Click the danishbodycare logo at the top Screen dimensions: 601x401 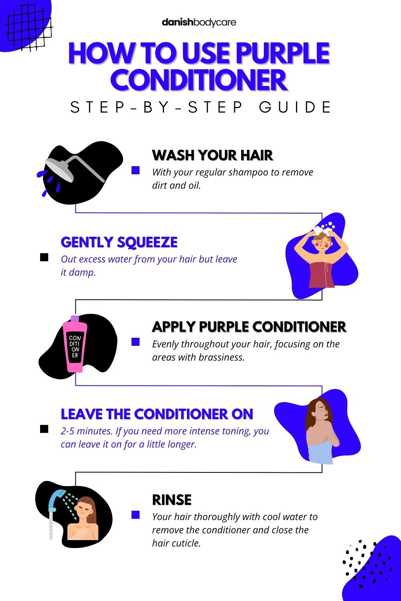coord(199,22)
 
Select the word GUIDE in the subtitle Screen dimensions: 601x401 coord(296,107)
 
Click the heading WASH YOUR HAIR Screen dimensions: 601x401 coord(213,155)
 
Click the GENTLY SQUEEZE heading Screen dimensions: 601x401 coord(119,242)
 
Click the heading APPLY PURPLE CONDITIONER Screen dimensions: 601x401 coord(249,327)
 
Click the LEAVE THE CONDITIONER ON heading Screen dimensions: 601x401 coord(157,414)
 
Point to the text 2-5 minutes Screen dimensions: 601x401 coord(86,432)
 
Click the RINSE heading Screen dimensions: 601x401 coord(172,500)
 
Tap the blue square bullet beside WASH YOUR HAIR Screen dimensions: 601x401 coord(136,171)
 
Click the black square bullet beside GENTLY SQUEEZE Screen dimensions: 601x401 coord(44,257)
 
